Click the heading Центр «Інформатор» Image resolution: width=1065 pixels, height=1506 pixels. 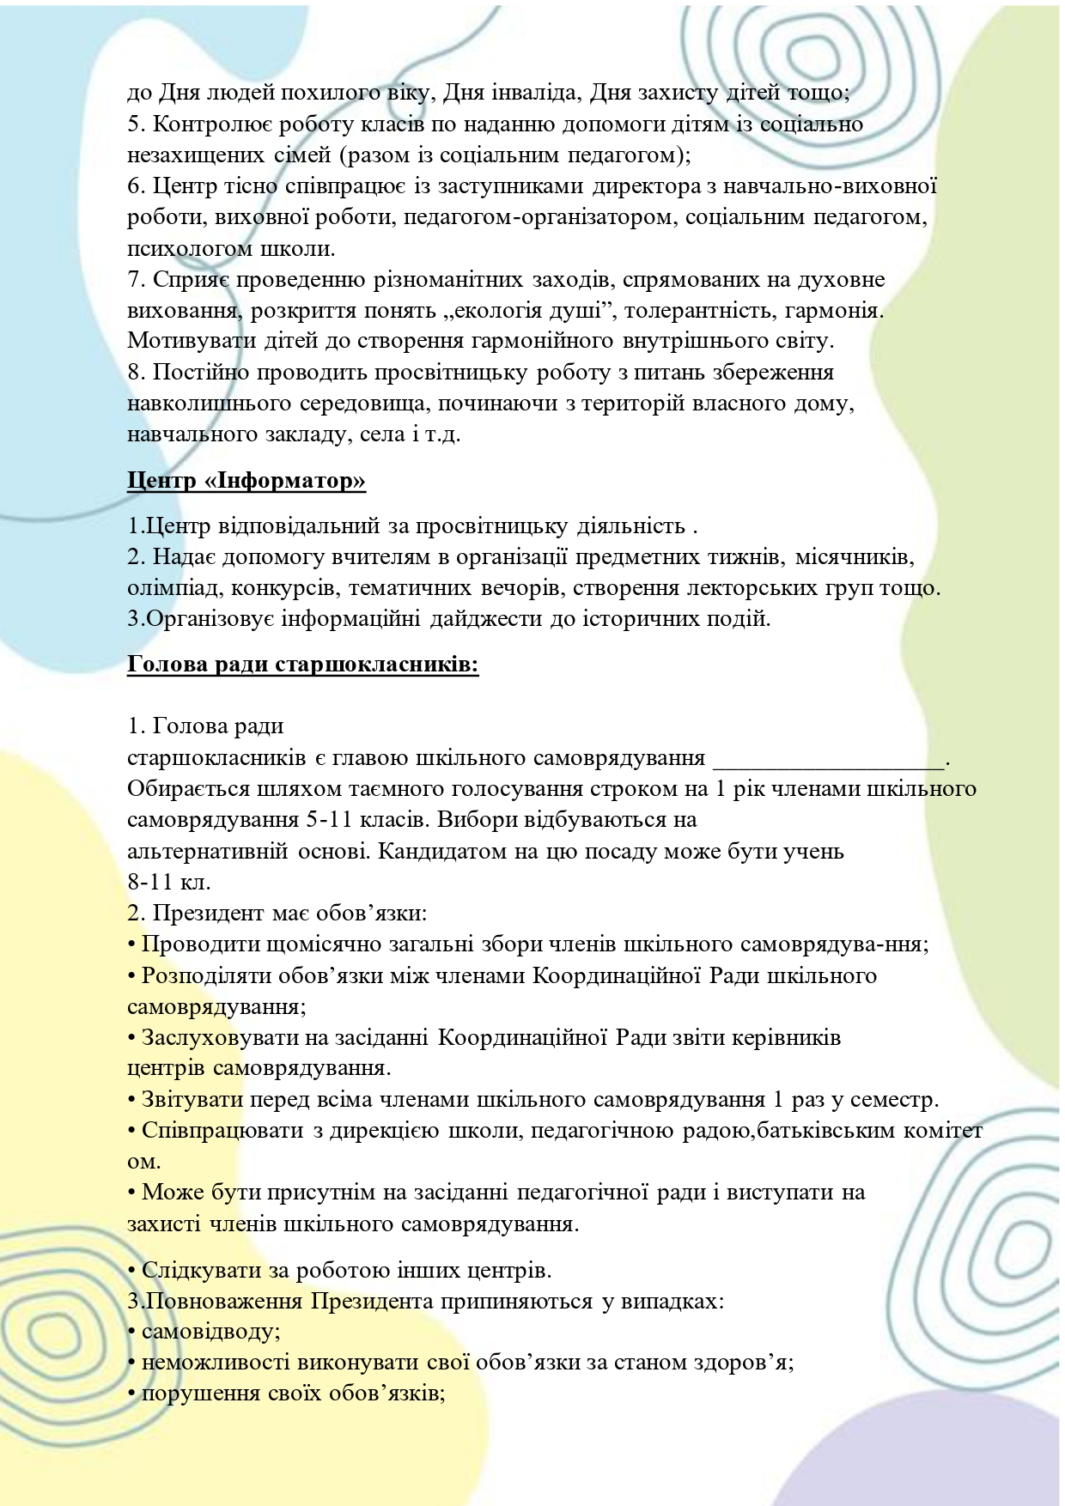click(246, 481)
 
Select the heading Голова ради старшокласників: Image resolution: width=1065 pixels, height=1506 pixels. click(302, 665)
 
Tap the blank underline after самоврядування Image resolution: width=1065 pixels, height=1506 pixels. click(828, 759)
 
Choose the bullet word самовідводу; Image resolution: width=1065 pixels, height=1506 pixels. click(211, 1332)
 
